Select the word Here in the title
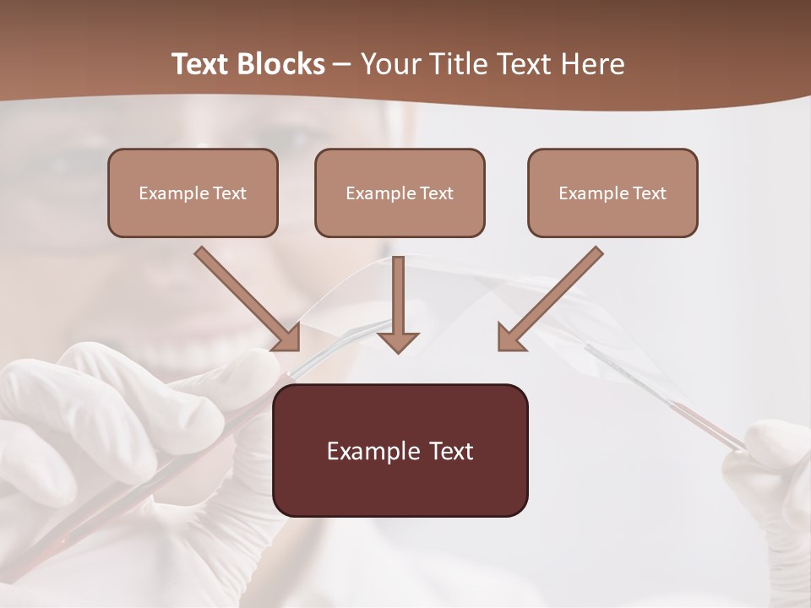click(591, 64)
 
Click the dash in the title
click(341, 64)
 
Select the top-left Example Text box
click(193, 193)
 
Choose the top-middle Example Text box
click(400, 193)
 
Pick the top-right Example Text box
click(612, 193)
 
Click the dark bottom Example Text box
click(400, 450)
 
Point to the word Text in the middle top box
click(437, 193)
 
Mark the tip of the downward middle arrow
click(398, 350)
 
